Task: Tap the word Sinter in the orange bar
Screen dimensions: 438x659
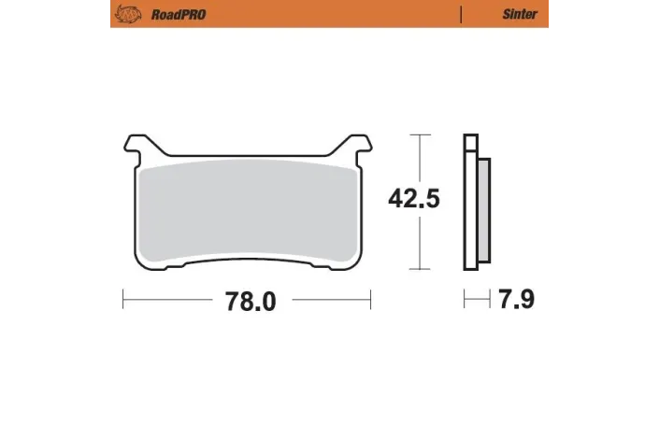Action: pyautogui.click(x=519, y=14)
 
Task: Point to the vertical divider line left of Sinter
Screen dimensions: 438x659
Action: pyautogui.click(x=461, y=14)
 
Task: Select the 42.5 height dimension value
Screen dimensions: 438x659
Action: pyautogui.click(x=414, y=199)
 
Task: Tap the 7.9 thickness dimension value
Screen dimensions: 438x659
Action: pyautogui.click(x=517, y=300)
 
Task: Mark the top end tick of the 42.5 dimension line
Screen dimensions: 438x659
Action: pyautogui.click(x=423, y=135)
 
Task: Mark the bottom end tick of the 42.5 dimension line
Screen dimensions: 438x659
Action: pyautogui.click(x=423, y=270)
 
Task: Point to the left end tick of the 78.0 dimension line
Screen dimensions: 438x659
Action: pyautogui.click(x=123, y=300)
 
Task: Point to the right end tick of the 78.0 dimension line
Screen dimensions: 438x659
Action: pyautogui.click(x=372, y=300)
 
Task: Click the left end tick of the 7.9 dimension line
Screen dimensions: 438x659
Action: pyautogui.click(x=466, y=300)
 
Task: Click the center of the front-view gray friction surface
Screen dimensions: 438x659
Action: pyautogui.click(x=248, y=211)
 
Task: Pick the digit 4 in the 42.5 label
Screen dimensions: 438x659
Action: pyautogui.click(x=396, y=199)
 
